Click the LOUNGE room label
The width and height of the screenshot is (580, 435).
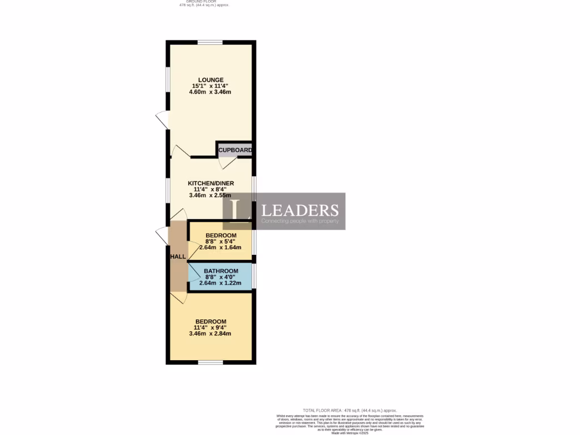[x=211, y=80]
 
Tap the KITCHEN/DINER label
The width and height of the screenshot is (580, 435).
[x=211, y=184]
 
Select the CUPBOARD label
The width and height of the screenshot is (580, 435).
[x=235, y=150]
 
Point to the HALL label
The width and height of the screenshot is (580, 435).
[x=178, y=257]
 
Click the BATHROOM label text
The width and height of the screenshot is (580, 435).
[x=221, y=271]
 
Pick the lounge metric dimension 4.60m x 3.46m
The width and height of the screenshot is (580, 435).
[x=211, y=92]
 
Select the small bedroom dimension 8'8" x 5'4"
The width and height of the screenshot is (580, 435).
[x=221, y=241]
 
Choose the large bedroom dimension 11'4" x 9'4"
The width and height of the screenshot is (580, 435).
[x=211, y=327]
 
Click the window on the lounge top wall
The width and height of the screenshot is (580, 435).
[x=210, y=42]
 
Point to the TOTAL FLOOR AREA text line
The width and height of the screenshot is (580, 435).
[x=349, y=410]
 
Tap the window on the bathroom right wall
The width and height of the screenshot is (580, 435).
[x=254, y=276]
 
